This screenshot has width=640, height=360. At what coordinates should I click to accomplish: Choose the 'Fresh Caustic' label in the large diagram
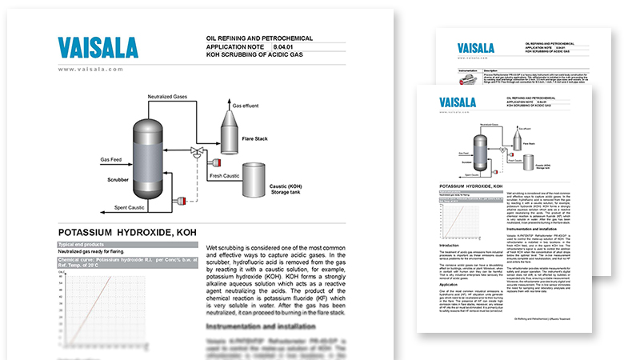[224, 175]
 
